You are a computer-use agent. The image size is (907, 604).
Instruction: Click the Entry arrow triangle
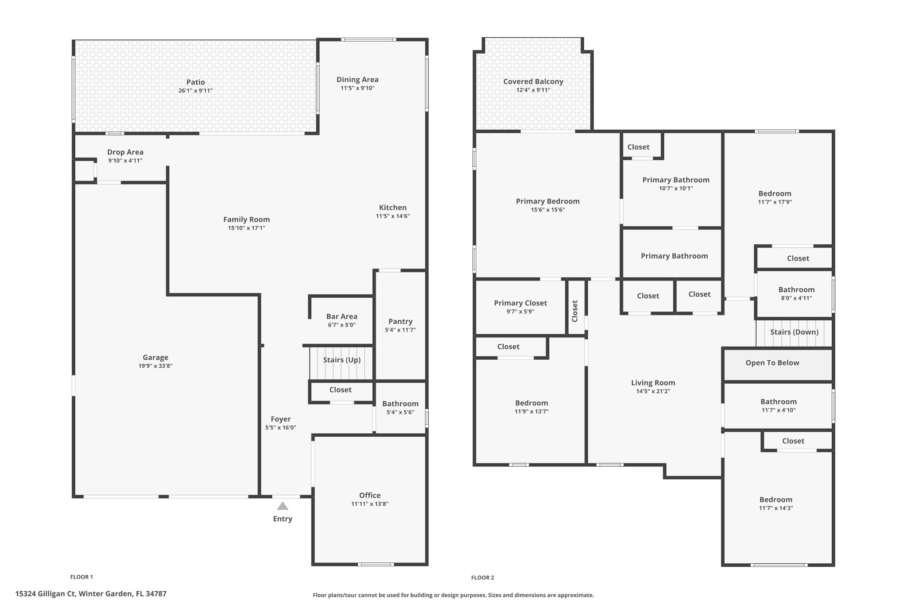point(283,506)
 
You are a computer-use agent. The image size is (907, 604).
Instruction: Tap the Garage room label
point(155,358)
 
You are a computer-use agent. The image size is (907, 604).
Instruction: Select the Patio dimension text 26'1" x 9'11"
point(195,91)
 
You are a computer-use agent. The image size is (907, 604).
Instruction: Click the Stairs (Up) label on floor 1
point(341,360)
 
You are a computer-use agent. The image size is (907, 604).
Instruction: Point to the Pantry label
point(400,321)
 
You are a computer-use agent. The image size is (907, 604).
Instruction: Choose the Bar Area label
point(341,316)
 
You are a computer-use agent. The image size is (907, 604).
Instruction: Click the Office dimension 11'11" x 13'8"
point(369,504)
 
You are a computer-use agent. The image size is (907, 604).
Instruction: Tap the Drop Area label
point(125,152)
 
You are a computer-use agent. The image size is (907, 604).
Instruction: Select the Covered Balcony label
point(533,81)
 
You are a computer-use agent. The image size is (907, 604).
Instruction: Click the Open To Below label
point(772,363)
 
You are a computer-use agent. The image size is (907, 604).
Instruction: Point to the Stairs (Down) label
point(794,332)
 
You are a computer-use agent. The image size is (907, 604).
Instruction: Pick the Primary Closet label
point(520,303)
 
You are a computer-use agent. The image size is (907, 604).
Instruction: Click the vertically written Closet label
point(575,311)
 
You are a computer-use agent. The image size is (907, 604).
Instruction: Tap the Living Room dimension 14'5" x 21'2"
point(653,392)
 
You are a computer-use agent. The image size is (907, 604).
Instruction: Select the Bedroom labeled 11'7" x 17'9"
point(775,193)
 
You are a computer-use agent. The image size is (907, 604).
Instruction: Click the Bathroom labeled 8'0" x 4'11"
point(796,290)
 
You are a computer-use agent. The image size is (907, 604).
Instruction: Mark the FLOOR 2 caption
point(482,577)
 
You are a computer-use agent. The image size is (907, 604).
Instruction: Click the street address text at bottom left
point(91,594)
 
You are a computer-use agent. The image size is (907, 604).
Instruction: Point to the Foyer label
point(280,419)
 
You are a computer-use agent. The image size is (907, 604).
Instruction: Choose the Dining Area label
point(357,80)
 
